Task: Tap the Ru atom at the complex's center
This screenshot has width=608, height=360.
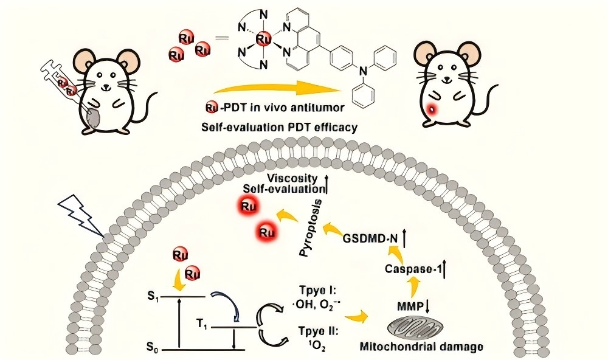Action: pyautogui.click(x=263, y=40)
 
